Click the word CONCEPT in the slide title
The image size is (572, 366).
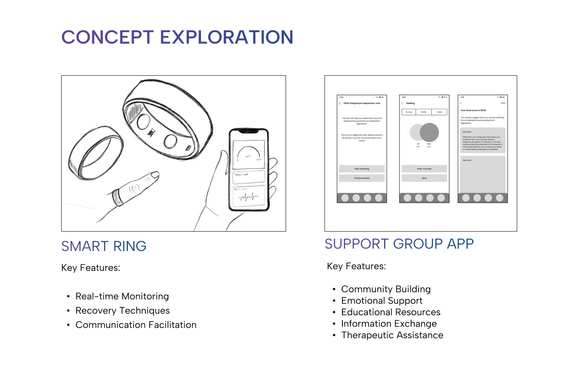click(x=107, y=37)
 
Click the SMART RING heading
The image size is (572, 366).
click(x=104, y=246)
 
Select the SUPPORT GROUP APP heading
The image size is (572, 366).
click(x=399, y=244)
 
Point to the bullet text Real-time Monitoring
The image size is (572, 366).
click(x=122, y=297)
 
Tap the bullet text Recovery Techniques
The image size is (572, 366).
click(x=122, y=311)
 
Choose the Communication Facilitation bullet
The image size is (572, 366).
click(x=136, y=325)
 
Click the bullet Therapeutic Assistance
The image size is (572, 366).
click(x=392, y=335)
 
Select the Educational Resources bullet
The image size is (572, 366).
click(x=390, y=312)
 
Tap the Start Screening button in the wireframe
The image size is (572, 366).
click(x=361, y=169)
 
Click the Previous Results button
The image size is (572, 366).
click(x=361, y=178)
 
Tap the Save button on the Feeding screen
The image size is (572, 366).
click(x=424, y=178)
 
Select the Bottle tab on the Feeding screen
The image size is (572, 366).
click(x=423, y=112)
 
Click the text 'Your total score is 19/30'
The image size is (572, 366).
click(x=473, y=111)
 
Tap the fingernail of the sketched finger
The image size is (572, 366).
click(x=155, y=174)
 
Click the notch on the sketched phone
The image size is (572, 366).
click(x=249, y=131)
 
